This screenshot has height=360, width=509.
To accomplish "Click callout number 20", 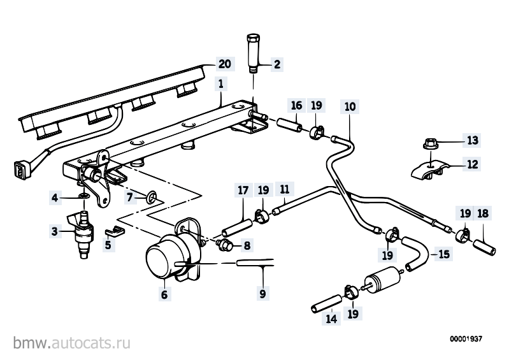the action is [x=225, y=64].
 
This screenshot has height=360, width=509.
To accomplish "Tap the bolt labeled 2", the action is [x=254, y=53].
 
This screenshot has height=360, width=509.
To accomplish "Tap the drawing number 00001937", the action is [x=466, y=339].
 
